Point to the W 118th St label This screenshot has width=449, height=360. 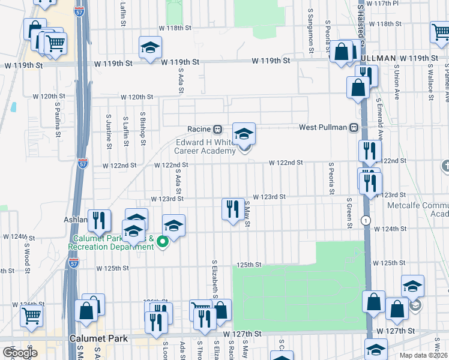coord(175,28)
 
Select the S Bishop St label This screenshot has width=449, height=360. coord(143,128)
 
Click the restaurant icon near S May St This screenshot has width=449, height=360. coord(232,210)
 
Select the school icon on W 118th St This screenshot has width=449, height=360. coord(151,48)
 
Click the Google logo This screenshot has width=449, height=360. coord(20,353)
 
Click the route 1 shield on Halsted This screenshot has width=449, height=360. coord(365,221)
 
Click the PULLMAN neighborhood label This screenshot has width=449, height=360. coord(378,58)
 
